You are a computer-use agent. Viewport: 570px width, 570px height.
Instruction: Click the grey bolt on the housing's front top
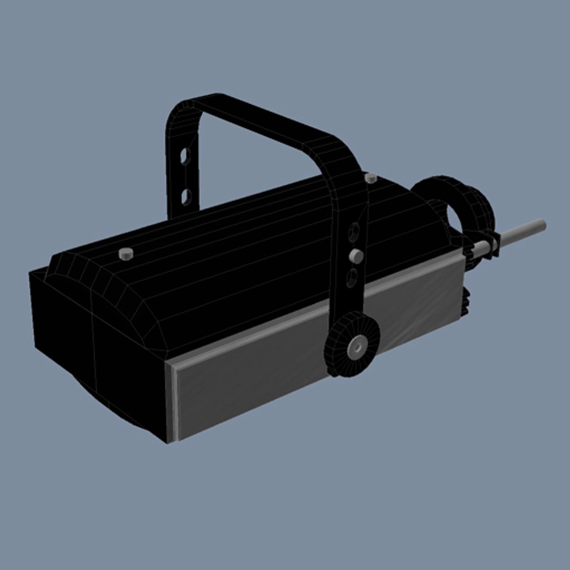(126, 254)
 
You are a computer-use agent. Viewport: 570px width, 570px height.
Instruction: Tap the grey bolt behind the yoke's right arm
(371, 178)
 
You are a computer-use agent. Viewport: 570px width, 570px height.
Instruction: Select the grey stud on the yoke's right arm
(357, 256)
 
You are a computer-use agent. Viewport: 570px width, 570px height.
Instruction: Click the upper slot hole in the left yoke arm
(185, 156)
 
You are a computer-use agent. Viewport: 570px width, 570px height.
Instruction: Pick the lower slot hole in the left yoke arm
(186, 197)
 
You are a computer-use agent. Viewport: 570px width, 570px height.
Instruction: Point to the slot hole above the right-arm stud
(354, 231)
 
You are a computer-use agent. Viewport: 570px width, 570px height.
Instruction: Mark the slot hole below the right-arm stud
(351, 278)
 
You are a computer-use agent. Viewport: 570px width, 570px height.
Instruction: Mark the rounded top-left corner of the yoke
(179, 111)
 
